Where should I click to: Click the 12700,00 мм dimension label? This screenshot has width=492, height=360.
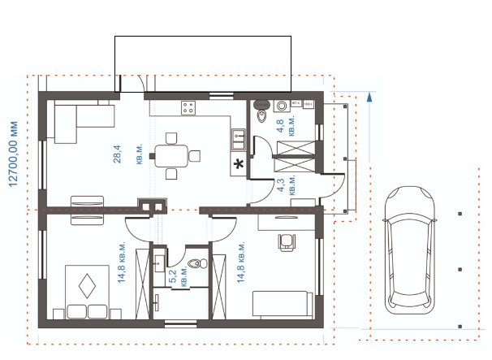click(x=13, y=154)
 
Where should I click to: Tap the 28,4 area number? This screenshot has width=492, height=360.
click(x=118, y=154)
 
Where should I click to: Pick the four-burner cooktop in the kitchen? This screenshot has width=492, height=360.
click(x=188, y=108)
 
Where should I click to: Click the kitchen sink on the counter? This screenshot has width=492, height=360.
click(x=239, y=139)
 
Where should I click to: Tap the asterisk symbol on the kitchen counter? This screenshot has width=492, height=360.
click(x=239, y=163)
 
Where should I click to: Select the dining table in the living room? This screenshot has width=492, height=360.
click(x=171, y=156)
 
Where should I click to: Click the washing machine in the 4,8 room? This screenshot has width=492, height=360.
click(x=282, y=106)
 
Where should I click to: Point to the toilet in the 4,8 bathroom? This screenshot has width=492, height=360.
click(x=261, y=111)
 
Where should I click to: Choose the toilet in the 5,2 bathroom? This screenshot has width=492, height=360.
click(x=197, y=263)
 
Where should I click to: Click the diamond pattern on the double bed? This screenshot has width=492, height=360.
click(x=87, y=286)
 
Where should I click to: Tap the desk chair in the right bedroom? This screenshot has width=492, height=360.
click(x=287, y=242)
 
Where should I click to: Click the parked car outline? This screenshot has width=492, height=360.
click(x=409, y=250)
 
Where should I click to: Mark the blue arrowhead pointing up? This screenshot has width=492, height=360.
click(x=369, y=97)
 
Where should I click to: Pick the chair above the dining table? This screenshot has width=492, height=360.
click(x=171, y=138)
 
